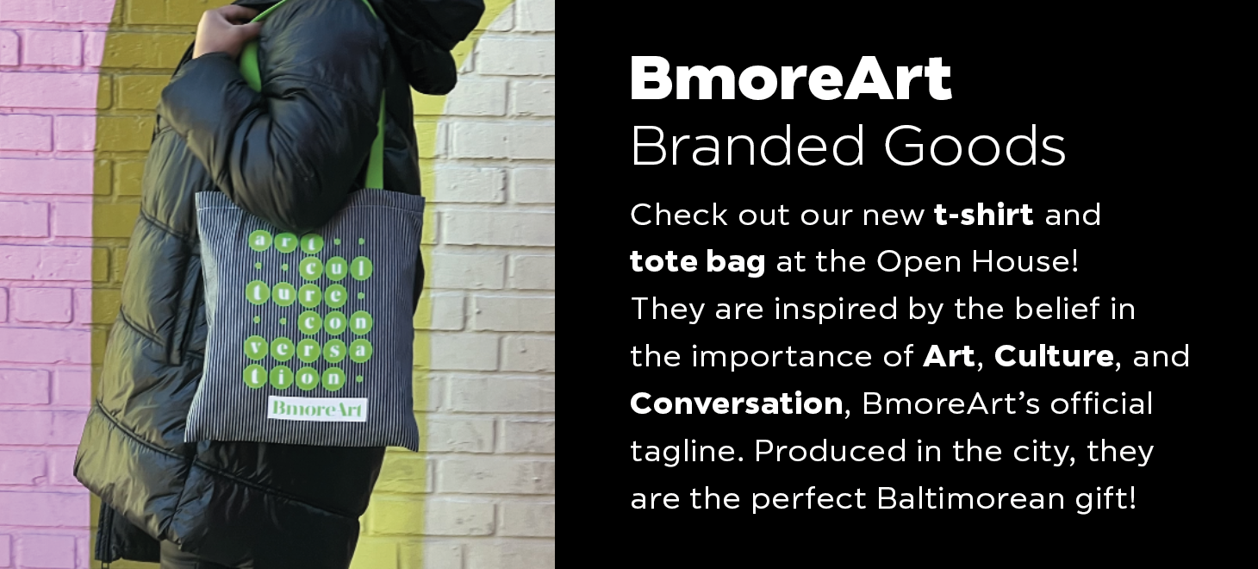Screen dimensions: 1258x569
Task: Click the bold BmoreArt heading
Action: (x=791, y=78)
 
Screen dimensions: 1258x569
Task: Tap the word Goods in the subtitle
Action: (x=975, y=146)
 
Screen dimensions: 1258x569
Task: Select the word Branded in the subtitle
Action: (x=747, y=146)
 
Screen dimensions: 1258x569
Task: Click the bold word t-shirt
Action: (x=983, y=214)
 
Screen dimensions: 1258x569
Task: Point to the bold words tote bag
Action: (x=698, y=262)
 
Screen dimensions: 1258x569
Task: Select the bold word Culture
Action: (x=1054, y=355)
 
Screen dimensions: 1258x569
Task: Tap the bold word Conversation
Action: (x=736, y=403)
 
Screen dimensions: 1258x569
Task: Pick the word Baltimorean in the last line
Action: (x=970, y=498)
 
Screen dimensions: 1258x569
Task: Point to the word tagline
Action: (x=687, y=452)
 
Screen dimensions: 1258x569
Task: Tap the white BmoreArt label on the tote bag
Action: (x=318, y=409)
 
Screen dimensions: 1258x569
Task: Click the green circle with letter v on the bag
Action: (x=256, y=348)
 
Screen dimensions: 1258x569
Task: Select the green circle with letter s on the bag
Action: (x=334, y=351)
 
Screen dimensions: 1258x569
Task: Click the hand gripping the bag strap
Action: (x=225, y=31)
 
